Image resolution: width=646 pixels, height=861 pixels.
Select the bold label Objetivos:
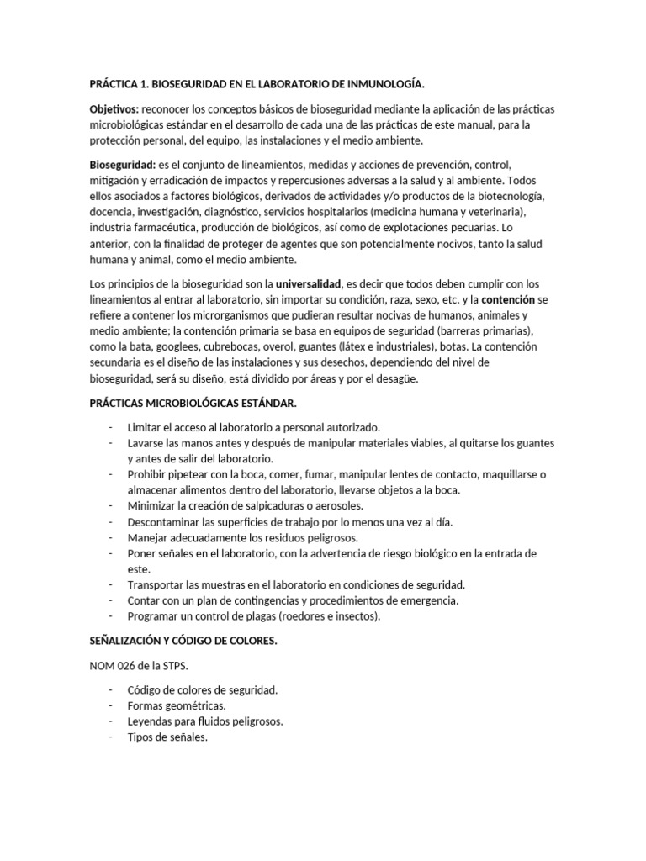(x=114, y=110)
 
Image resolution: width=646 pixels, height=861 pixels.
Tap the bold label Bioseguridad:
(x=121, y=166)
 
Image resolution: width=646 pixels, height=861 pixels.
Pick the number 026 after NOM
(x=128, y=665)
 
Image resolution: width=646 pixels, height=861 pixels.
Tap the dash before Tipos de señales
(x=112, y=737)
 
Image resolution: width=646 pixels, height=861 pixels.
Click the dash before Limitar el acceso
(x=112, y=428)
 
